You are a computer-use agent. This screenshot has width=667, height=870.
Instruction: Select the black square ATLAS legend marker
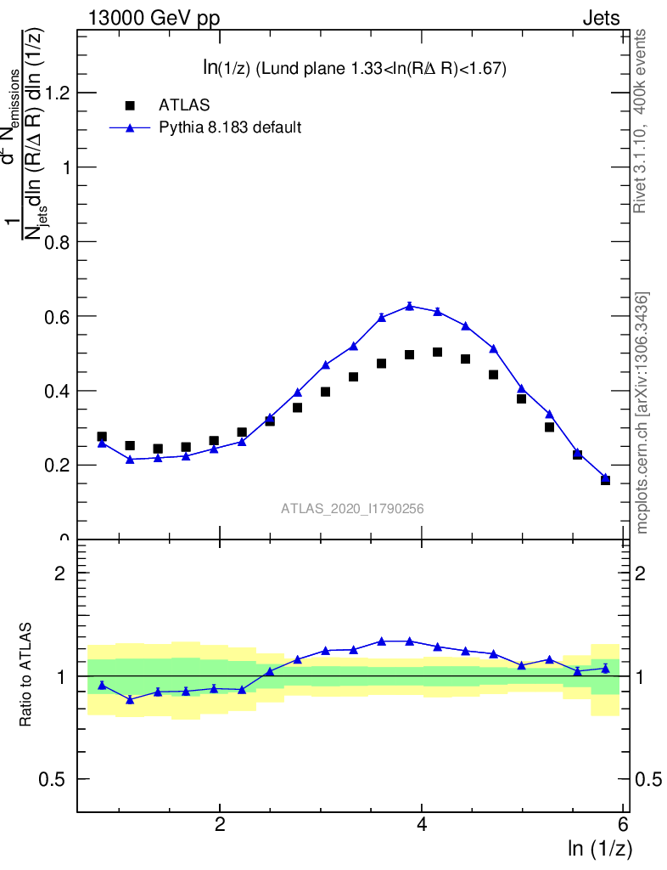(130, 105)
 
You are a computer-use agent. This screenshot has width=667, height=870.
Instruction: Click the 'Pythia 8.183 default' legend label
(230, 128)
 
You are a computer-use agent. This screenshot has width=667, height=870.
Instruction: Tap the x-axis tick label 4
(422, 824)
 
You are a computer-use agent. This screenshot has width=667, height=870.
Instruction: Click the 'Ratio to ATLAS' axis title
(26, 675)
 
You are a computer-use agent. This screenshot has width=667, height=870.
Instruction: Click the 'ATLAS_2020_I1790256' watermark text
(352, 509)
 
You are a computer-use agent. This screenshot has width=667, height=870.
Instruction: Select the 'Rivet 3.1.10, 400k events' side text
(641, 120)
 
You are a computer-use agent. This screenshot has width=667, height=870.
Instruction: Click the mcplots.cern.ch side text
(642, 413)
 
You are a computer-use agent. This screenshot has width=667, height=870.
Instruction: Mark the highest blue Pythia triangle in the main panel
(409, 306)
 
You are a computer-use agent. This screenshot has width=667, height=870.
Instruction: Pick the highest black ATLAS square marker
(437, 352)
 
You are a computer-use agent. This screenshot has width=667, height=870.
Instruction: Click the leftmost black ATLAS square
(102, 437)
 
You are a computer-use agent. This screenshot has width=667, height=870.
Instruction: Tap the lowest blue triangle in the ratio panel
(130, 699)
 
